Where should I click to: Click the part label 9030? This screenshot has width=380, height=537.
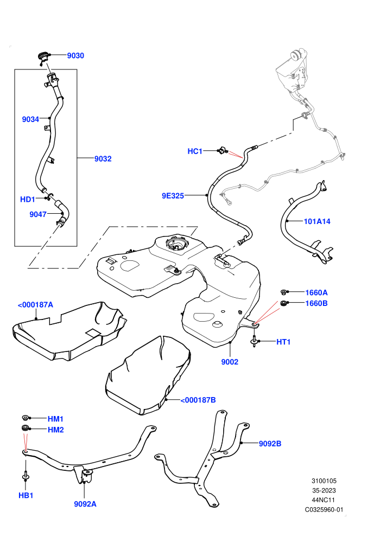[75, 55]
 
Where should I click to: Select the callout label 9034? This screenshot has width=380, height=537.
[30, 119]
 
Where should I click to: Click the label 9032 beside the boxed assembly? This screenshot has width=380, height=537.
[103, 158]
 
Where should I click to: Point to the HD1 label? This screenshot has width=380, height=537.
[27, 199]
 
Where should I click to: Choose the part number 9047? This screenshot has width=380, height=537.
[37, 214]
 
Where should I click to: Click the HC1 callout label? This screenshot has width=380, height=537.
[195, 151]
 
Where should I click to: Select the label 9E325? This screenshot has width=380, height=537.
[173, 196]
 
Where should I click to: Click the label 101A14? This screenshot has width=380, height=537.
[317, 221]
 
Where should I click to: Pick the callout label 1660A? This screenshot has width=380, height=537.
[316, 292]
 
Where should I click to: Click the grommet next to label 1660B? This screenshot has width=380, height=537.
[284, 303]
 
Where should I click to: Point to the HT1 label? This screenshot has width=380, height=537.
[283, 342]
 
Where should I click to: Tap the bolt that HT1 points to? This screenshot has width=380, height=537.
[254, 341]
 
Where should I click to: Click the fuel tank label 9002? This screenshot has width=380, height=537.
[230, 362]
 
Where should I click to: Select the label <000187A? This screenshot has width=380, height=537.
[36, 305]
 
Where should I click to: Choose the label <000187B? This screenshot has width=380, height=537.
[198, 400]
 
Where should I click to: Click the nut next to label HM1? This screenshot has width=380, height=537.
[25, 418]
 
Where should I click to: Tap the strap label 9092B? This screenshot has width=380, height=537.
[270, 444]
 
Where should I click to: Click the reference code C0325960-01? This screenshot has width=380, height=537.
[324, 509]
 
